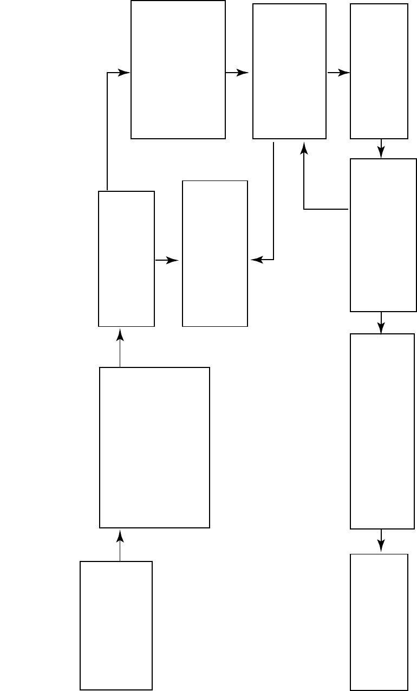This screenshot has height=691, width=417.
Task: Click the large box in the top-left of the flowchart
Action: pos(178,69)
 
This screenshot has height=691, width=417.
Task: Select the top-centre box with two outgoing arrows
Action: pos(289,71)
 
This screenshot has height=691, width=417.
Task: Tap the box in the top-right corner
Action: pos(379,71)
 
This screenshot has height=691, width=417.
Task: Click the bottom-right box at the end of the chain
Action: pos(379,622)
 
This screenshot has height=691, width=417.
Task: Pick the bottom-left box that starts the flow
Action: pos(116,625)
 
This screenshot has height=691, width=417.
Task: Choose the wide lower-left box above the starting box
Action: pos(154,447)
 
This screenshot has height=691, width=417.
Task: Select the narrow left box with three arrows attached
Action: pos(126,259)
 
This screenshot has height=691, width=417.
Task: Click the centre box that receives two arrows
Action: pos(215,254)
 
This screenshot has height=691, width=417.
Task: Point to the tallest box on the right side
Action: pos(382,431)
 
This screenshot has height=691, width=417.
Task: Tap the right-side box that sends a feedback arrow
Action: pos(383,235)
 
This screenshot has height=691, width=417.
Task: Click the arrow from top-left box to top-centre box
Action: pos(237,73)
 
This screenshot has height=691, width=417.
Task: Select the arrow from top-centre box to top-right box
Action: pos(338,73)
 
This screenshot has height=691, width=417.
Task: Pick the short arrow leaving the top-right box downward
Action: pos(381,148)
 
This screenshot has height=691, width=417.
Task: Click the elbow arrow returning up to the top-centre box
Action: pos(304,209)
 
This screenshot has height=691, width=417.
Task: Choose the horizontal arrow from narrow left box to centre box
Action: pos(167,261)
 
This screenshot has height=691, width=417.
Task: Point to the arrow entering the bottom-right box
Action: pos(381,541)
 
